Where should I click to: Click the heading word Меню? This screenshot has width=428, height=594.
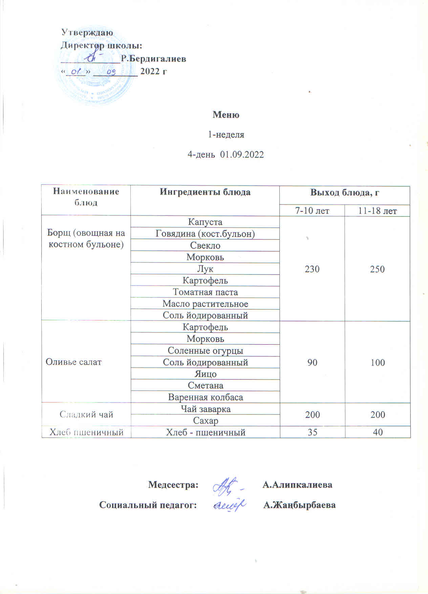pos(226,115)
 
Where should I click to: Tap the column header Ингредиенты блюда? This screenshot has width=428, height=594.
pos(205,192)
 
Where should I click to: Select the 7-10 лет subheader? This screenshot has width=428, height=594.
pos(312,211)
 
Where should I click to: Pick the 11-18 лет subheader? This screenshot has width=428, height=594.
pos(377,211)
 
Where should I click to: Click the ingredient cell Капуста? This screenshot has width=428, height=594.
pos(205,222)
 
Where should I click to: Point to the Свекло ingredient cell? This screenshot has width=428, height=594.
pos(205,245)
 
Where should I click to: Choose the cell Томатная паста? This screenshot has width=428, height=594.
pos(205,292)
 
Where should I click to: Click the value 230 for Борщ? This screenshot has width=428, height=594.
pos(312,269)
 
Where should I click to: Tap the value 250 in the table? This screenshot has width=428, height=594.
pos(377,269)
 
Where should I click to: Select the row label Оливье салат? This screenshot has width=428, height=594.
pos(73,362)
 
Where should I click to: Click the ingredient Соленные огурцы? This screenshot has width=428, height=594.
pos(205,351)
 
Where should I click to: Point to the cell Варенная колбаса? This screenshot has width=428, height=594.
pos(205,397)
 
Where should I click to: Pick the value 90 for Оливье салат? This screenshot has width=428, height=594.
pos(312,362)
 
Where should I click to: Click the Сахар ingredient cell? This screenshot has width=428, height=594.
pos(205,421)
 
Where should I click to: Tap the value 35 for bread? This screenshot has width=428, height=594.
pos(312,432)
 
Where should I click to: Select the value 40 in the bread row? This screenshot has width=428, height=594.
pos(378,432)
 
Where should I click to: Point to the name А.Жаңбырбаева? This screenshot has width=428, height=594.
pos(299,505)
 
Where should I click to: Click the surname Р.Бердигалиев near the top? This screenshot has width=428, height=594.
pos(153,59)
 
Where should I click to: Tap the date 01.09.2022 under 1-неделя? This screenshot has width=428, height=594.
pos(242,155)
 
